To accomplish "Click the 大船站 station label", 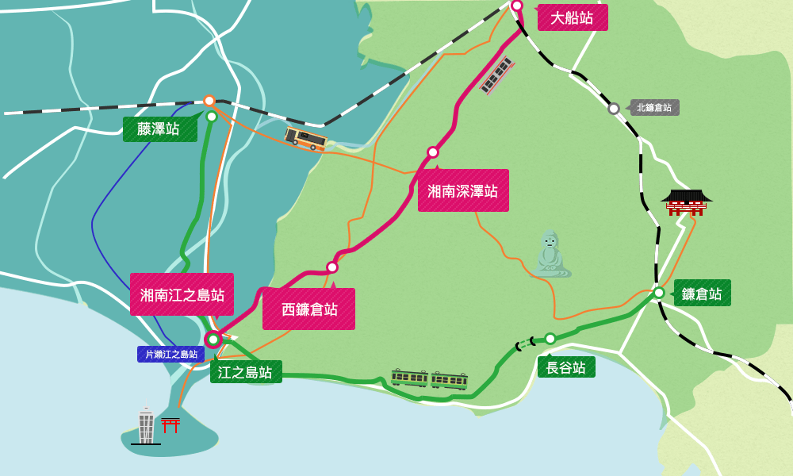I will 573,17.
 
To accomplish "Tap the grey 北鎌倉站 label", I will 654,107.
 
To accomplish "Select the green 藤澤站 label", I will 159,129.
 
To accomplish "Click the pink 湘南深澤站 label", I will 463,190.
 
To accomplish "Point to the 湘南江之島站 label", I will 182,294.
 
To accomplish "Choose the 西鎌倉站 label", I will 308,309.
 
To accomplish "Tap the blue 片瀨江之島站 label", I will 170,354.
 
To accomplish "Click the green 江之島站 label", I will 246,371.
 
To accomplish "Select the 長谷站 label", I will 566,367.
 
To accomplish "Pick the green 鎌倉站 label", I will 702,293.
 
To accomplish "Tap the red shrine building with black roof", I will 686,202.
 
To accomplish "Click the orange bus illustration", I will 306,138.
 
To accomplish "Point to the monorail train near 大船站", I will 497,75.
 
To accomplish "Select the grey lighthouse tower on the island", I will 146,424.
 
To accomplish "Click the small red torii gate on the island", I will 170,424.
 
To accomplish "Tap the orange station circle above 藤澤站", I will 209,101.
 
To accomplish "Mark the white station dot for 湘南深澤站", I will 433,152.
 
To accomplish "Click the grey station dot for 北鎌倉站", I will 614,109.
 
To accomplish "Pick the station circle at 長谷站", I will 550,339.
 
